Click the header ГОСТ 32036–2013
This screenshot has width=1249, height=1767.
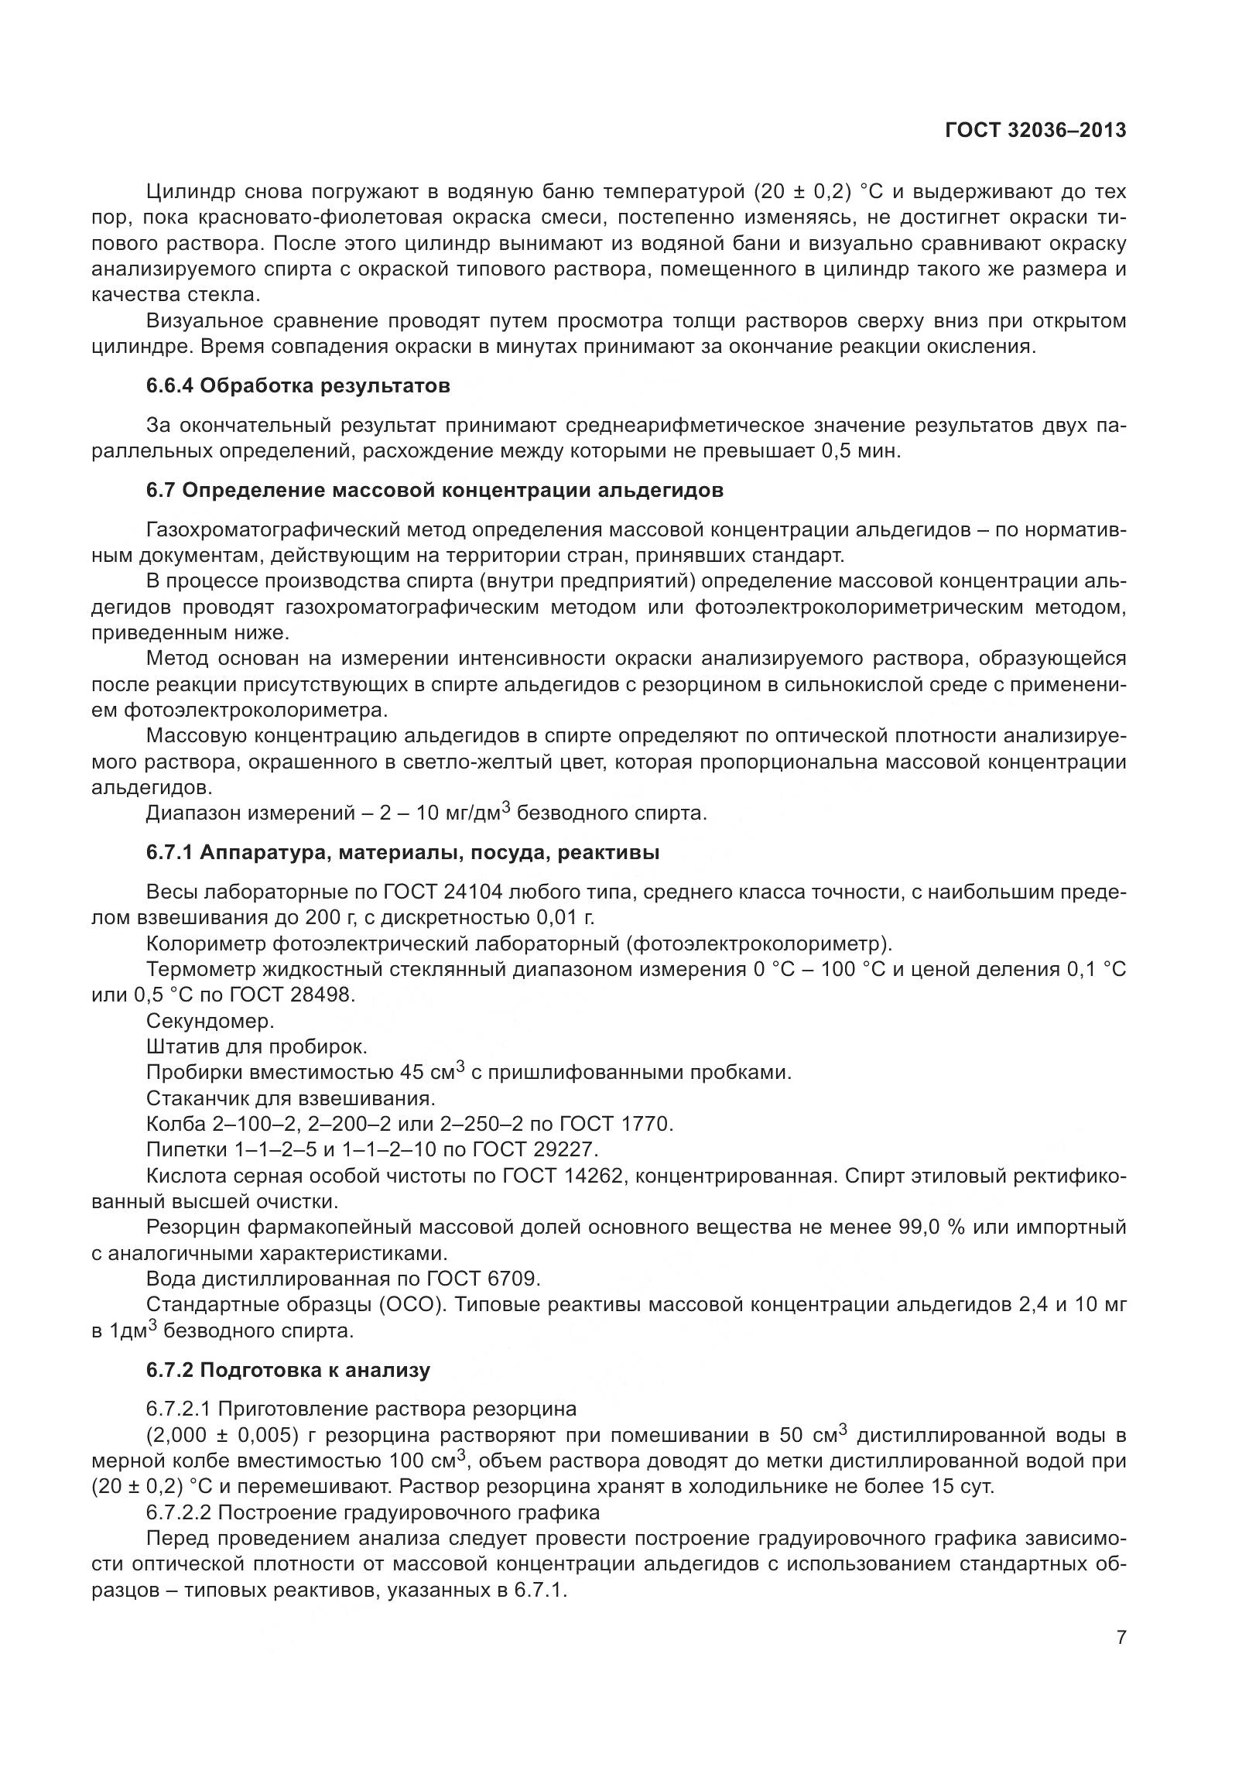click(x=1035, y=131)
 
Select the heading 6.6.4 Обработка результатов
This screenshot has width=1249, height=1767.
click(x=298, y=385)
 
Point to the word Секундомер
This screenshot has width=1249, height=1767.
click(x=210, y=1020)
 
